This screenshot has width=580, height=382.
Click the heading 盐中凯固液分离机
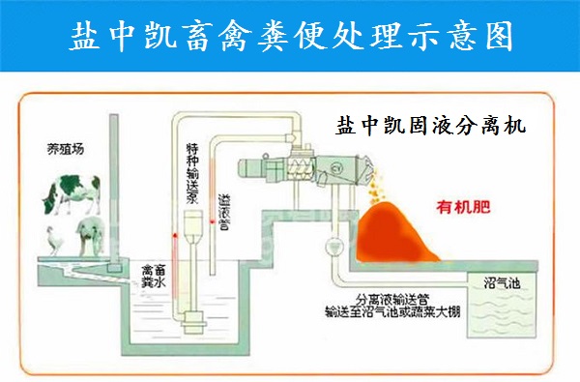pos(430,126)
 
